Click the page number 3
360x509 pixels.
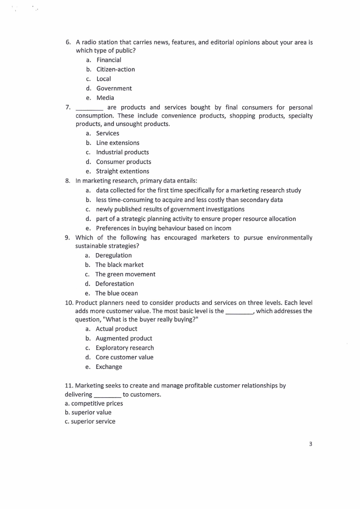(311, 444)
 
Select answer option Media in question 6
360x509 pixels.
(105, 98)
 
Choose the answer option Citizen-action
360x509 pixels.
(116, 69)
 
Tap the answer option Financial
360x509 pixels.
(109, 60)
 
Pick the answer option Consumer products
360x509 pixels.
(123, 162)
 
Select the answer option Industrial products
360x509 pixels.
(122, 152)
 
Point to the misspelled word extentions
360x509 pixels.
(135, 171)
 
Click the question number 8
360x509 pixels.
(68, 181)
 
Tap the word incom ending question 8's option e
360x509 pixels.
(222, 228)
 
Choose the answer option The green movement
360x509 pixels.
(125, 274)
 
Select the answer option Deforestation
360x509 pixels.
(115, 284)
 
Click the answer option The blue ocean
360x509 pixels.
(117, 293)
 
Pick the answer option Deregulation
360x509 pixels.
(113, 255)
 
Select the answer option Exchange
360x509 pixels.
(109, 367)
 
